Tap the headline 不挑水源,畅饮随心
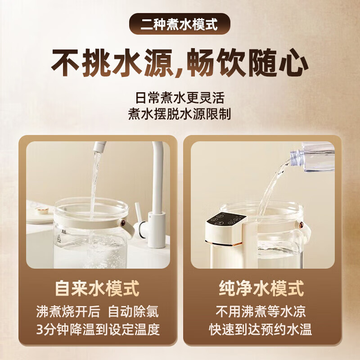click(180, 63)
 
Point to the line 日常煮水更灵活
click(180, 97)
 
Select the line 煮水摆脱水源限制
click(180, 114)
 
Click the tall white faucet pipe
click(157, 180)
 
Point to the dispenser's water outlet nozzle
click(225, 243)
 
